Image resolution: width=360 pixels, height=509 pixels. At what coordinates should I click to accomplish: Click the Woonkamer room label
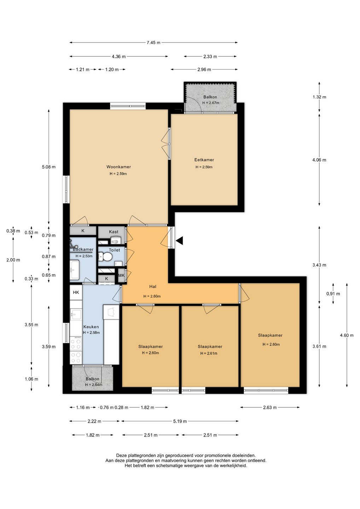118,167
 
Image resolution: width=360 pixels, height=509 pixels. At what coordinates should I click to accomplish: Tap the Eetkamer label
204,160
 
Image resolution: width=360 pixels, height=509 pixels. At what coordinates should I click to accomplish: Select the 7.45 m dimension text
153,42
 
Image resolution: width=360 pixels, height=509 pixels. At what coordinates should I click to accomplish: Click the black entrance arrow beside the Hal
180,241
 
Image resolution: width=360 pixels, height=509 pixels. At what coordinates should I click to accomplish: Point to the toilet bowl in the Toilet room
105,257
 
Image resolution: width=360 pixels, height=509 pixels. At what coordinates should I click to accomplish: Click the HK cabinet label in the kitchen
76,292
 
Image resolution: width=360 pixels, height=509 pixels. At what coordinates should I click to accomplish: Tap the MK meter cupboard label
121,275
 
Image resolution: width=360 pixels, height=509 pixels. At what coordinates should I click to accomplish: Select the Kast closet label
114,232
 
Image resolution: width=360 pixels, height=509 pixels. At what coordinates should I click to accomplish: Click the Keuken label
91,327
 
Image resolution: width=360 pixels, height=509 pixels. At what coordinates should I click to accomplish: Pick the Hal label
153,287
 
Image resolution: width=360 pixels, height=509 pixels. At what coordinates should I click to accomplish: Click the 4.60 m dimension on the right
347,335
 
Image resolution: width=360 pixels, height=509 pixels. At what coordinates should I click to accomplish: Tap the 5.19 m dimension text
180,421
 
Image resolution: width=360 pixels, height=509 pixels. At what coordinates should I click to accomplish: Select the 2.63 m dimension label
270,408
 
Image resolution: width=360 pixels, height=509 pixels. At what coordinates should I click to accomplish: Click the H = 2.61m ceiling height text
209,353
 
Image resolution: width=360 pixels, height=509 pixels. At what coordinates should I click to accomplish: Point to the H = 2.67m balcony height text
211,103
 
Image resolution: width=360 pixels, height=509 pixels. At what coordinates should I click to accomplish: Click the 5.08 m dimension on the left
49,167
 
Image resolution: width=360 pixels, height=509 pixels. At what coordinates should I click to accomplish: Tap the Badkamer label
83,249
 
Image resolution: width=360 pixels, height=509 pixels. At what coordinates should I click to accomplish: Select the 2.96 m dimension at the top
204,70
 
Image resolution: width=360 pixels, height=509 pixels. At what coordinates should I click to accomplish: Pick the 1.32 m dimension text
319,97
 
